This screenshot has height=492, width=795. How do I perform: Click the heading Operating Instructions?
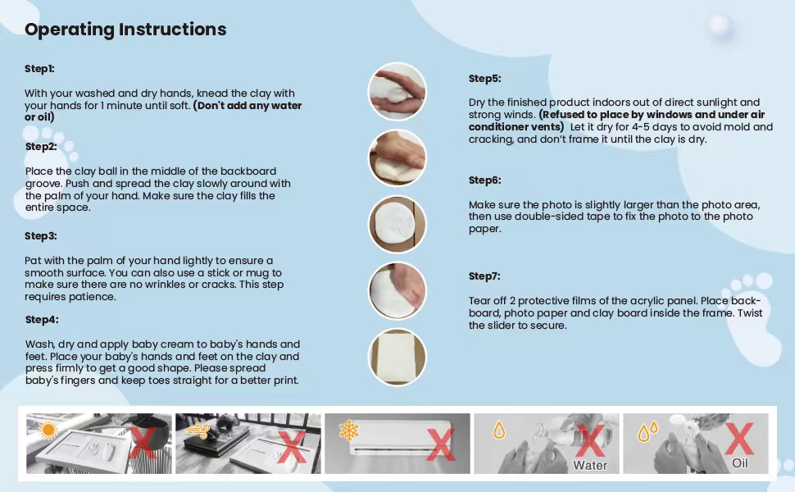click(x=125, y=30)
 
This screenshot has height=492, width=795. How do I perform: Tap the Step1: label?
click(x=39, y=69)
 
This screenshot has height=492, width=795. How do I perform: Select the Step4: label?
click(x=41, y=320)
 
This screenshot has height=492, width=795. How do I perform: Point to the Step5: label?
click(x=484, y=79)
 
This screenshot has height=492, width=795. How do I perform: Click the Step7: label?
click(x=484, y=276)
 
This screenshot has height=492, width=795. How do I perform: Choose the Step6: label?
click(x=484, y=180)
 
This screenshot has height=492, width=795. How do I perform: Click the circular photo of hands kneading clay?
click(x=397, y=91)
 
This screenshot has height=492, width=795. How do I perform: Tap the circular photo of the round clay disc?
click(x=397, y=224)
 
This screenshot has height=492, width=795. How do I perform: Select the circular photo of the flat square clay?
click(x=397, y=357)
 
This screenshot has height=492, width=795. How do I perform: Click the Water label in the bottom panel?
click(x=590, y=465)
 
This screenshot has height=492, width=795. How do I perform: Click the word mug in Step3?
click(x=270, y=272)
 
